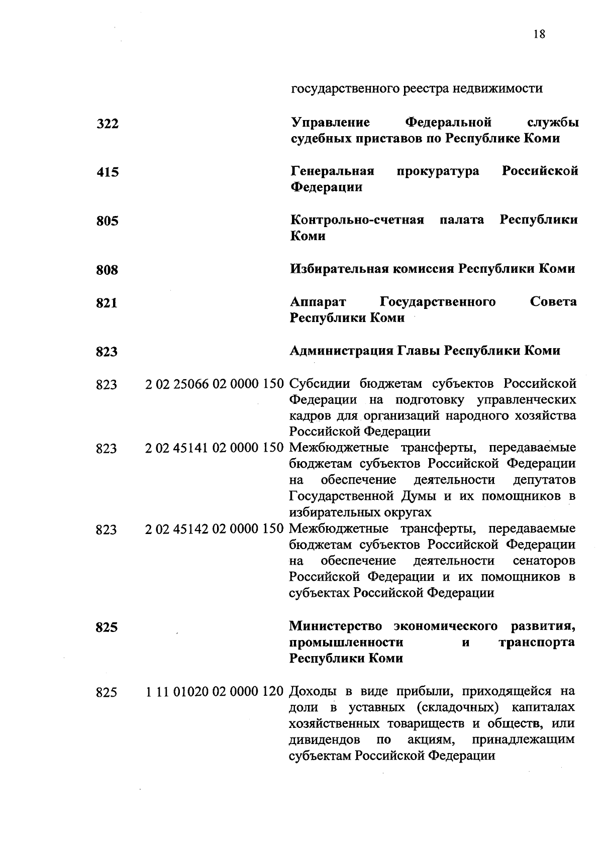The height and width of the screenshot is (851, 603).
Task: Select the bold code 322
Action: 108,124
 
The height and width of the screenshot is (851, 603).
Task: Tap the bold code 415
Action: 108,172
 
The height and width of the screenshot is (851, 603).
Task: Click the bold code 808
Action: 108,270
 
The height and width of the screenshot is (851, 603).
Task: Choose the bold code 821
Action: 107,303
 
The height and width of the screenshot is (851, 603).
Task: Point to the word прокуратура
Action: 438,171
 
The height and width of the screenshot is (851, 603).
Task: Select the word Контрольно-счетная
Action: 357,220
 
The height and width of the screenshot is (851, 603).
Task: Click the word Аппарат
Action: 318,302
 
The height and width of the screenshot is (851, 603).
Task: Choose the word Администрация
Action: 341,351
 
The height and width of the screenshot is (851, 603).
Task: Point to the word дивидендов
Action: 325,740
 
